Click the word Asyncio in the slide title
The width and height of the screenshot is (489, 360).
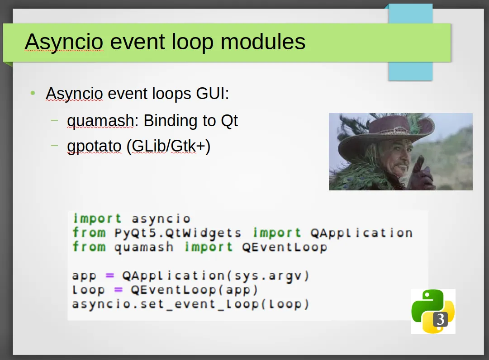[64, 42]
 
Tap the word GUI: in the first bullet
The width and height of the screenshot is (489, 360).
[212, 93]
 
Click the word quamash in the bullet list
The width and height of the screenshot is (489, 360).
[100, 121]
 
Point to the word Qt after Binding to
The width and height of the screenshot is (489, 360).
[229, 121]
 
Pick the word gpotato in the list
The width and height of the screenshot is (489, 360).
[94, 147]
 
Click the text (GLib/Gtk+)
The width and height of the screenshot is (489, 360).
[168, 146]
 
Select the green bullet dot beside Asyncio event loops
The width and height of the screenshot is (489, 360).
[33, 93]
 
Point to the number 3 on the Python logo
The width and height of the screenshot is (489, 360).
[440, 319]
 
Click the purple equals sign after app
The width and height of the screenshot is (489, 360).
[110, 275]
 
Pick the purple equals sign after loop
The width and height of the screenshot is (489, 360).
[118, 290]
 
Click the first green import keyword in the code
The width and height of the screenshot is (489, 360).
[97, 218]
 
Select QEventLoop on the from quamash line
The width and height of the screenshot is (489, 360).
[285, 247]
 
